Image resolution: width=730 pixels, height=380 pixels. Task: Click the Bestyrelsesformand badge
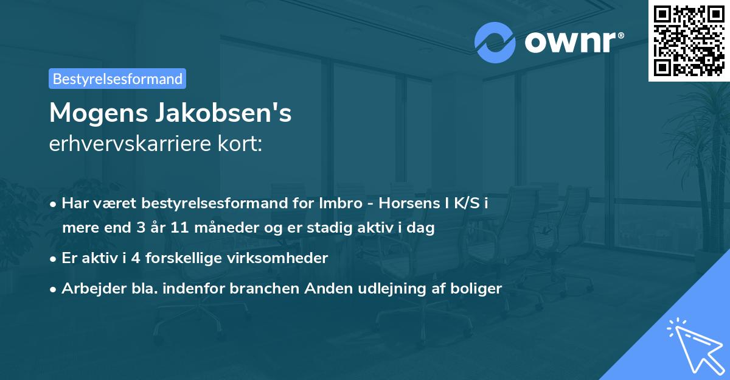(117, 79)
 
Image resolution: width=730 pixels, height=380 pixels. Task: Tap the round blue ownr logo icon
(495, 42)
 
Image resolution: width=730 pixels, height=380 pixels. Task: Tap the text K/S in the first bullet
(465, 203)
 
